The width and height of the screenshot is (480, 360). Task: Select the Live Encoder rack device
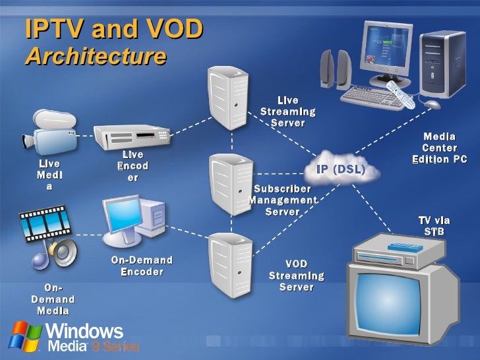click(x=131, y=136)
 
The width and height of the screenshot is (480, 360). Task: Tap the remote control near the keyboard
click(x=400, y=94)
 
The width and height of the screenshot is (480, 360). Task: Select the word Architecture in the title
click(x=96, y=56)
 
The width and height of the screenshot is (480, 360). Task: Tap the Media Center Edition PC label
click(x=439, y=148)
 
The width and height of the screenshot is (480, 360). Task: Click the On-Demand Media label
click(x=53, y=299)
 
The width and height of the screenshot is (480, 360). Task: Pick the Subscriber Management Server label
click(x=283, y=200)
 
